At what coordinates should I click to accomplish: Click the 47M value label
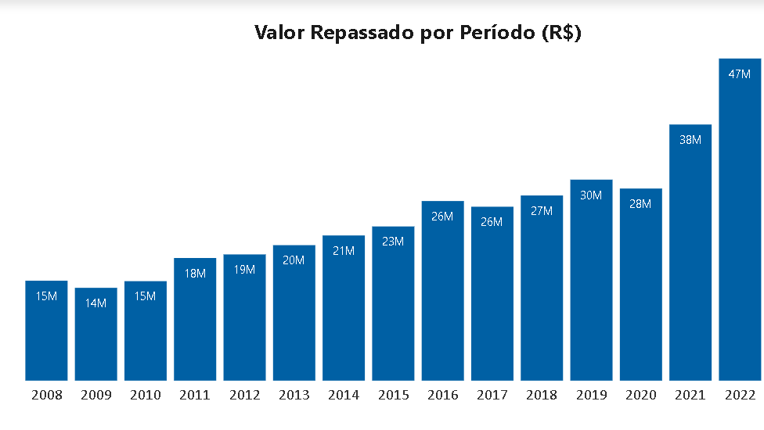click(740, 74)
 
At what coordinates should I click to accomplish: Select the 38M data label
click(690, 140)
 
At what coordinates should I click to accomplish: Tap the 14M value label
click(95, 303)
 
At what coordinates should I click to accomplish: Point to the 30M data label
click(591, 195)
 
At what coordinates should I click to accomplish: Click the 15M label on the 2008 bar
click(46, 296)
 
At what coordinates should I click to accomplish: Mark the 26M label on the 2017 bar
click(492, 222)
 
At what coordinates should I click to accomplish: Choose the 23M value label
click(393, 242)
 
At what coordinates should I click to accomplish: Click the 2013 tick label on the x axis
click(294, 396)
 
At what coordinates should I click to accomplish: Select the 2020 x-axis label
click(641, 396)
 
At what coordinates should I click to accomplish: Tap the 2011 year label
click(195, 396)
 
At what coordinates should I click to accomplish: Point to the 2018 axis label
click(542, 396)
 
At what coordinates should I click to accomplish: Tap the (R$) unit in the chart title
click(561, 34)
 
